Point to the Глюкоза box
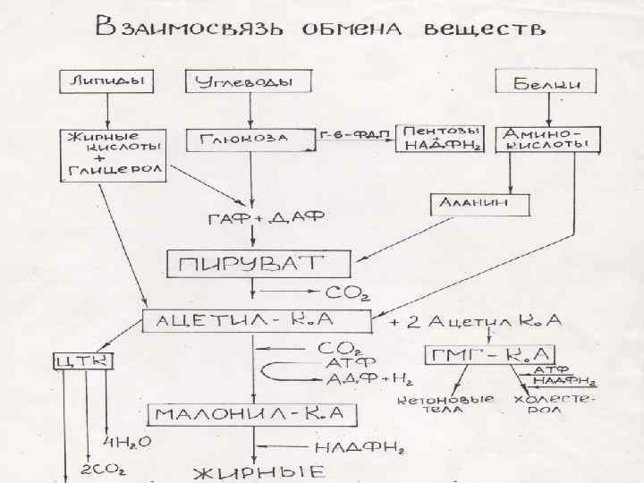[x=250, y=140]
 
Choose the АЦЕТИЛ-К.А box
[x=257, y=321]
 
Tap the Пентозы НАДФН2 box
[x=438, y=139]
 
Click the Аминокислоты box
[x=547, y=139]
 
